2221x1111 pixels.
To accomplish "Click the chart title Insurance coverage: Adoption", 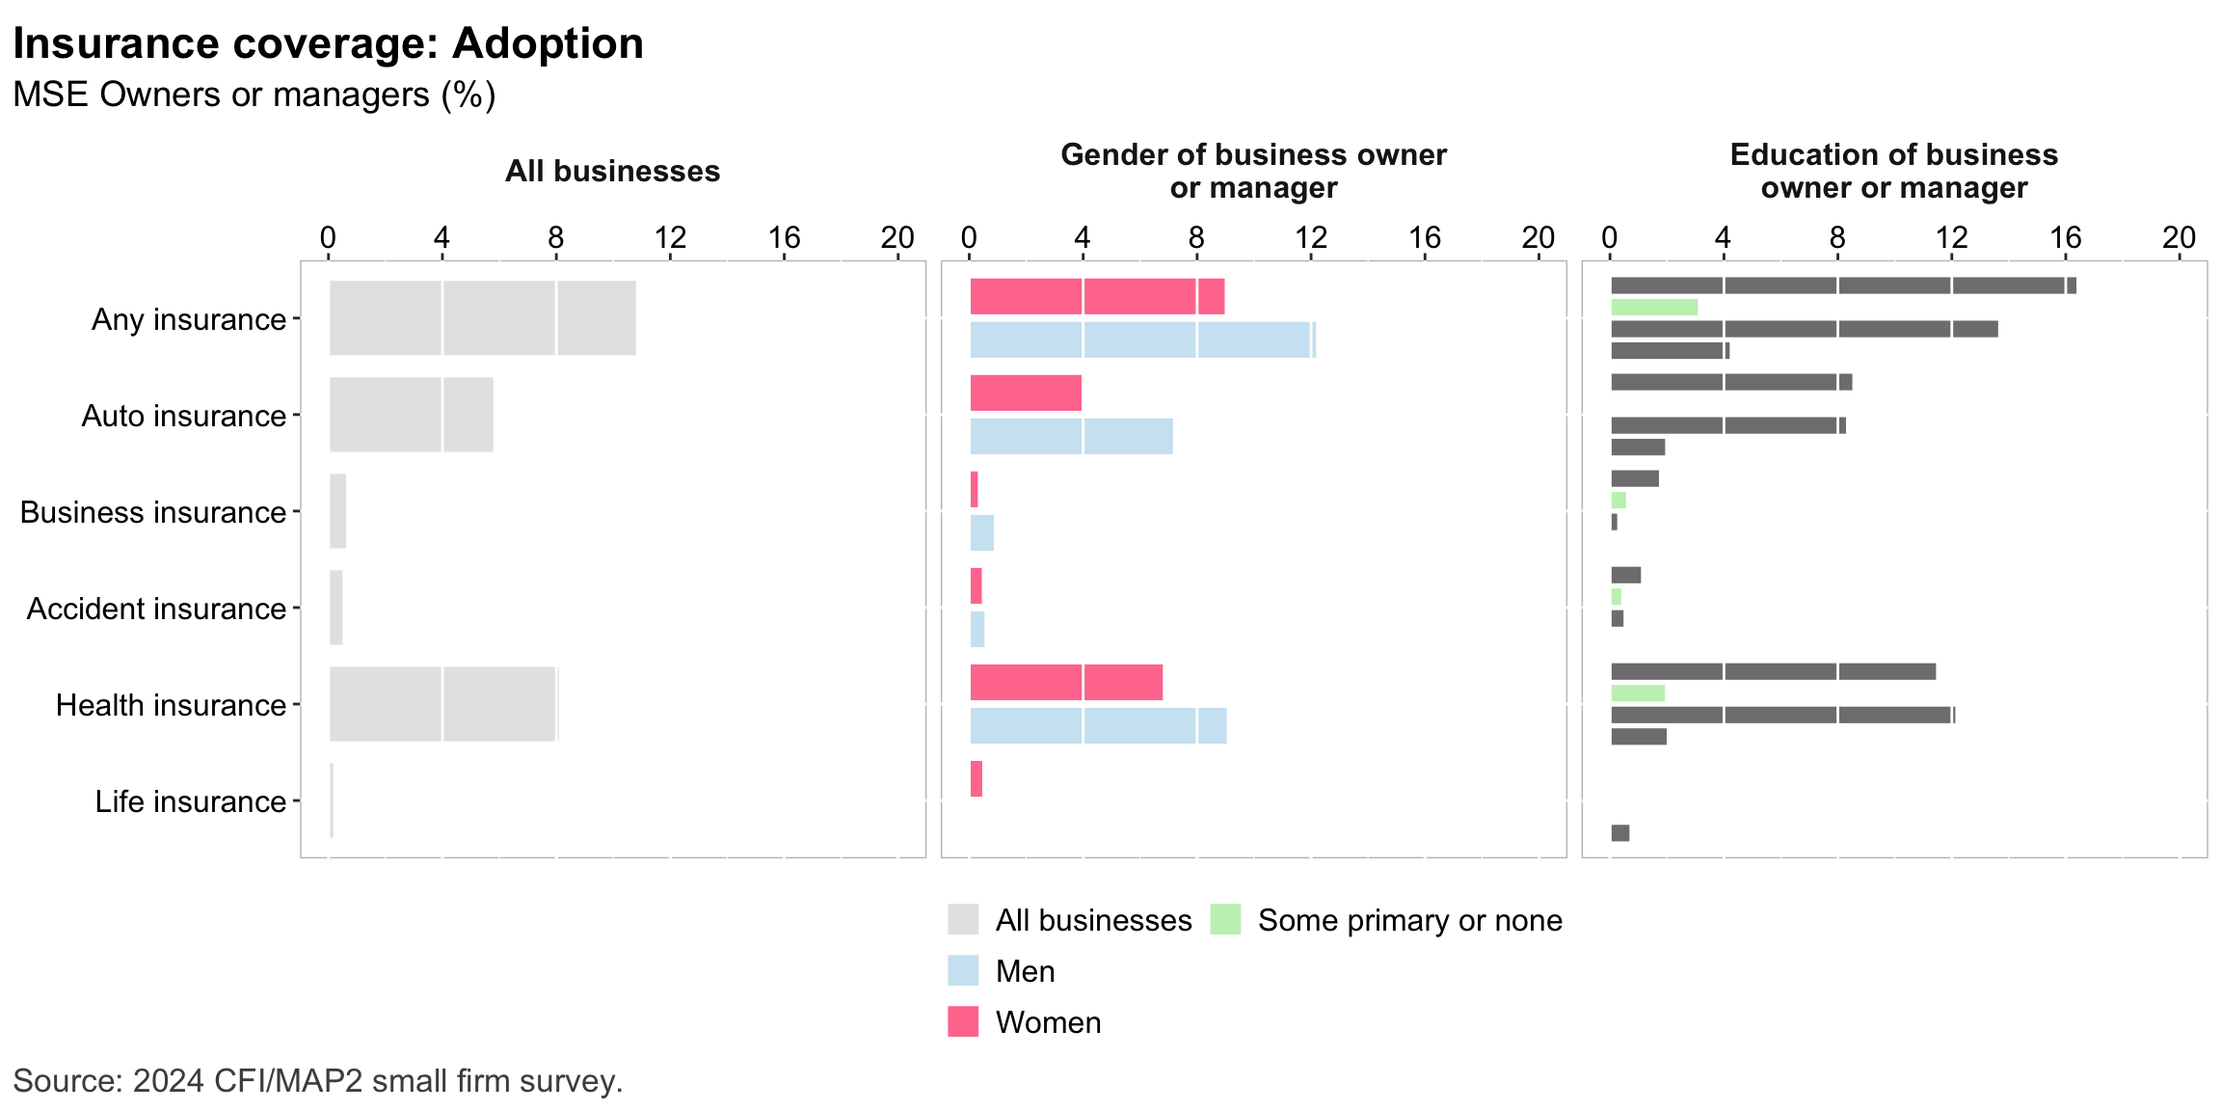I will click(x=328, y=44).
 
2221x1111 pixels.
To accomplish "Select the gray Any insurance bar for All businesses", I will click(x=482, y=318).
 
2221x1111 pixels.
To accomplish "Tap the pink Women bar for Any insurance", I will click(x=1097, y=296).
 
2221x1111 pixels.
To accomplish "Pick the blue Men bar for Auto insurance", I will click(x=1071, y=436).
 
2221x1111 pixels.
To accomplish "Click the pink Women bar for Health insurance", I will click(x=1066, y=682).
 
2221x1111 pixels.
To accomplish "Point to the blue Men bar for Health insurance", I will click(x=1098, y=725).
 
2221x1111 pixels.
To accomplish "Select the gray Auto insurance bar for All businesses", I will click(x=411, y=415).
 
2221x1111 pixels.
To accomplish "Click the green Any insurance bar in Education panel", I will click(x=1654, y=308).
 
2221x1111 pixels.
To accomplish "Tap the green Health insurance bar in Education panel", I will click(x=1638, y=693).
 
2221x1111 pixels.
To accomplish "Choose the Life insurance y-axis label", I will click(x=190, y=801).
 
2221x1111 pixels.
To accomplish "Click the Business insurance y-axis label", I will click(x=153, y=512).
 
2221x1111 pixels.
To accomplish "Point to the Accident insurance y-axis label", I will click(x=156, y=609).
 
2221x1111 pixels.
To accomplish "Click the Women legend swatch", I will click(x=963, y=1021).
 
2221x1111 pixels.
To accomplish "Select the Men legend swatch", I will click(x=963, y=970).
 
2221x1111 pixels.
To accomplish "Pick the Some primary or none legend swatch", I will click(x=1225, y=919).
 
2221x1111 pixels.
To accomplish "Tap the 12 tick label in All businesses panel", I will click(x=670, y=237).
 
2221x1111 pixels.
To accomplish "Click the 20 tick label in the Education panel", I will click(x=2179, y=237).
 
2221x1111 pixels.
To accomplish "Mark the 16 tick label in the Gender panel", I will click(x=1425, y=237).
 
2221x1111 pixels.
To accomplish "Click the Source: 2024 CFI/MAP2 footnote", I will click(x=318, y=1081).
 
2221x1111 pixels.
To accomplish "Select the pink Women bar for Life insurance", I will click(x=977, y=779).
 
